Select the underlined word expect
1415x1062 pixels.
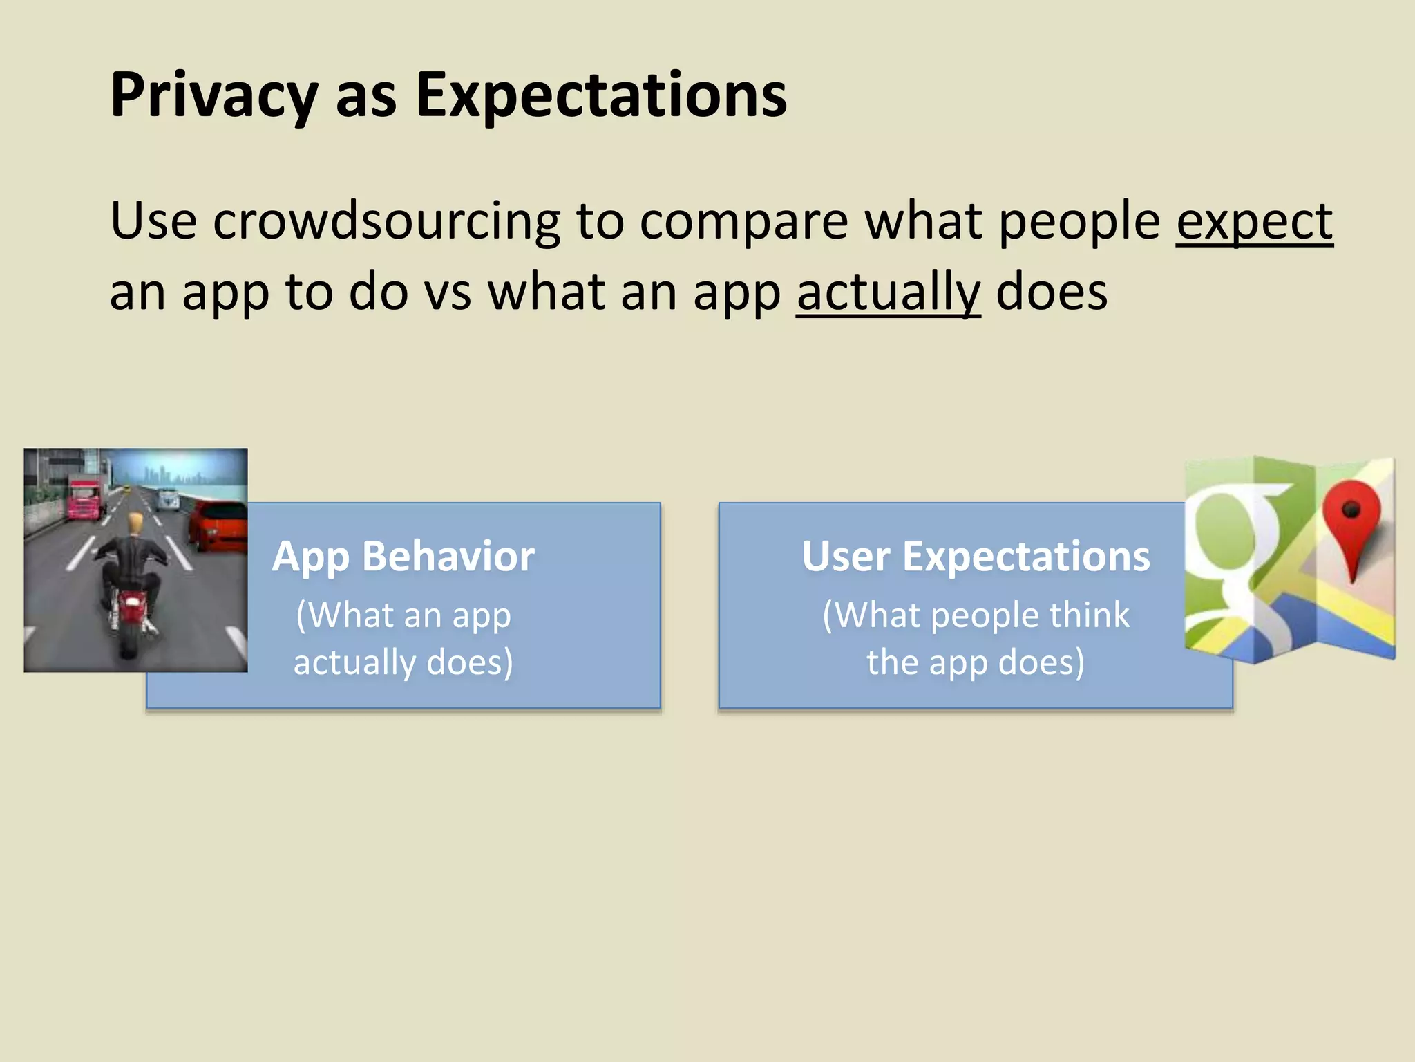point(1254,221)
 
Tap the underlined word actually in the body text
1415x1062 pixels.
point(888,292)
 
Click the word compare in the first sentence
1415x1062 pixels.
point(743,221)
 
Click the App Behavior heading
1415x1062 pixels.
point(403,556)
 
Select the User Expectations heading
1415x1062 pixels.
point(976,556)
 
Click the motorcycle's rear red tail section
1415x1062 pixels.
point(131,608)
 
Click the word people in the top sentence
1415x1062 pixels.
point(1079,221)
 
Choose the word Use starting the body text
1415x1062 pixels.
point(153,221)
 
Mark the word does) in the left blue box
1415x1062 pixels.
point(470,662)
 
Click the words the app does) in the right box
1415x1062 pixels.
point(976,662)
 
